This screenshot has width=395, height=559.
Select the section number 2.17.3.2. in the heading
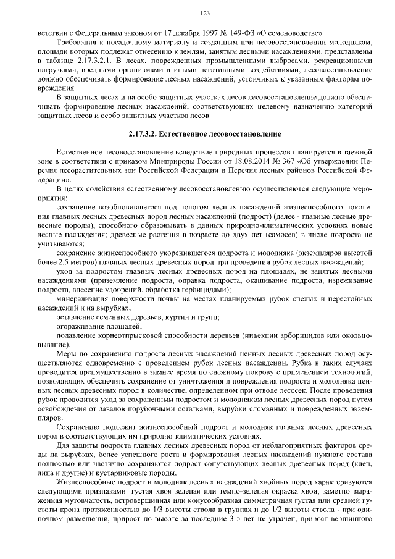(x=147, y=133)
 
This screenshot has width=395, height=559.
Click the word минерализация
(x=81, y=298)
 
